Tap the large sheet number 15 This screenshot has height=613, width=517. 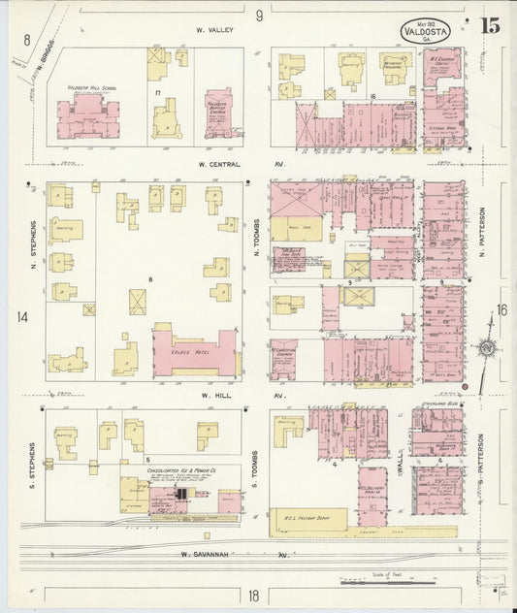click(x=489, y=26)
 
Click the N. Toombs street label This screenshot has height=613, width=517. click(x=257, y=236)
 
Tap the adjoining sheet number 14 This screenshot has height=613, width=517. click(x=22, y=317)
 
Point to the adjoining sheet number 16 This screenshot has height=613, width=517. click(x=501, y=310)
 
